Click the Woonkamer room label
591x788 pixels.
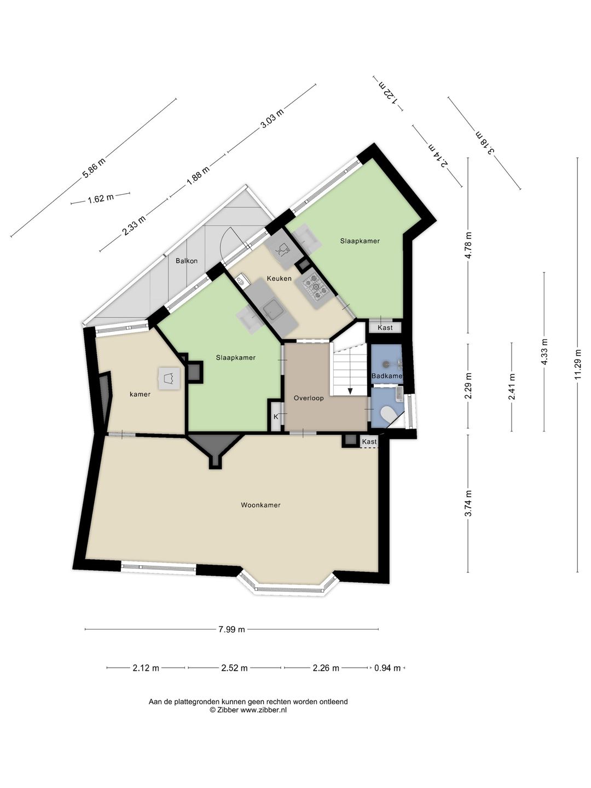(x=260, y=505)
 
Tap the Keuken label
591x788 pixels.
(x=279, y=278)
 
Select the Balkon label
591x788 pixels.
(x=187, y=261)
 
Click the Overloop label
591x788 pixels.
(x=309, y=398)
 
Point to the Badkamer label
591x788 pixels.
(x=387, y=376)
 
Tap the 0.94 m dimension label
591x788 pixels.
(x=387, y=668)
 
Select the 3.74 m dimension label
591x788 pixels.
(x=468, y=503)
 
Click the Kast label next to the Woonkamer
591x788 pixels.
(x=369, y=442)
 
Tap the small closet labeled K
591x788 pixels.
(x=276, y=417)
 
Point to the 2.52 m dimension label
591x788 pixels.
(x=234, y=668)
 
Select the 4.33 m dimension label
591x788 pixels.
(x=544, y=352)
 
